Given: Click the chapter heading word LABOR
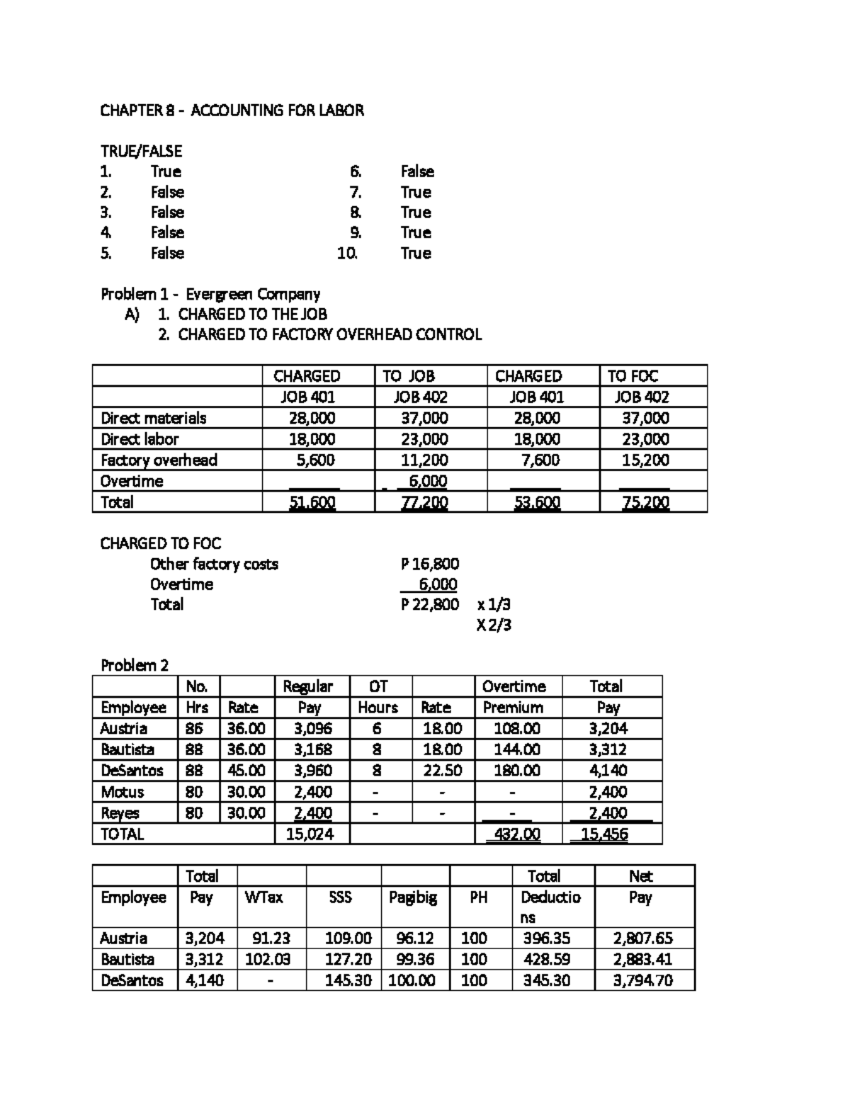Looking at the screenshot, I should (341, 110).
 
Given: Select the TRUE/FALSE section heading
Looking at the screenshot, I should (141, 151).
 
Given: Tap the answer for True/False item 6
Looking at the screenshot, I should (417, 171).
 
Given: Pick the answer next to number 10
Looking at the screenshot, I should (416, 253).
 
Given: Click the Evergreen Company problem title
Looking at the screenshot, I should (210, 294).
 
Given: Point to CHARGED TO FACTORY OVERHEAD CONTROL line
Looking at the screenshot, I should (329, 334).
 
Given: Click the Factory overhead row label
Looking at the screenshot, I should (159, 460).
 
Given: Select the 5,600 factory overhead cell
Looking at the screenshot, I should (315, 460).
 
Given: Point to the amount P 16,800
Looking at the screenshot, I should (429, 564).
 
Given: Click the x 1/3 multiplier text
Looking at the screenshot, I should (494, 604).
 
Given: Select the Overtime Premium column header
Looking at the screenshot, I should (514, 697).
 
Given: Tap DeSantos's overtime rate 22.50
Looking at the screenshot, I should (442, 771).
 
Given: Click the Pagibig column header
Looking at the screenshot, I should (413, 897).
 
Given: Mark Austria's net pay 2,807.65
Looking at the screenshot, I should (642, 939).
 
